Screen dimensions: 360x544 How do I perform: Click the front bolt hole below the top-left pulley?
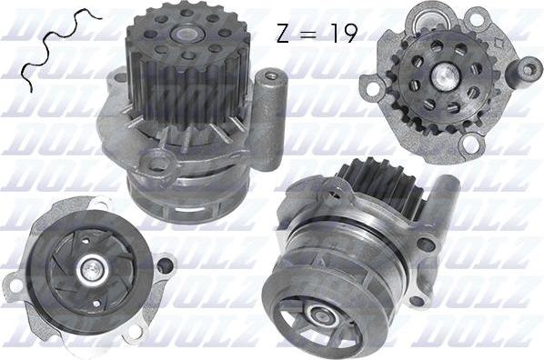click(x=160, y=164)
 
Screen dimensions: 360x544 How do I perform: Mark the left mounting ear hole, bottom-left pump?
click(x=15, y=285)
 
